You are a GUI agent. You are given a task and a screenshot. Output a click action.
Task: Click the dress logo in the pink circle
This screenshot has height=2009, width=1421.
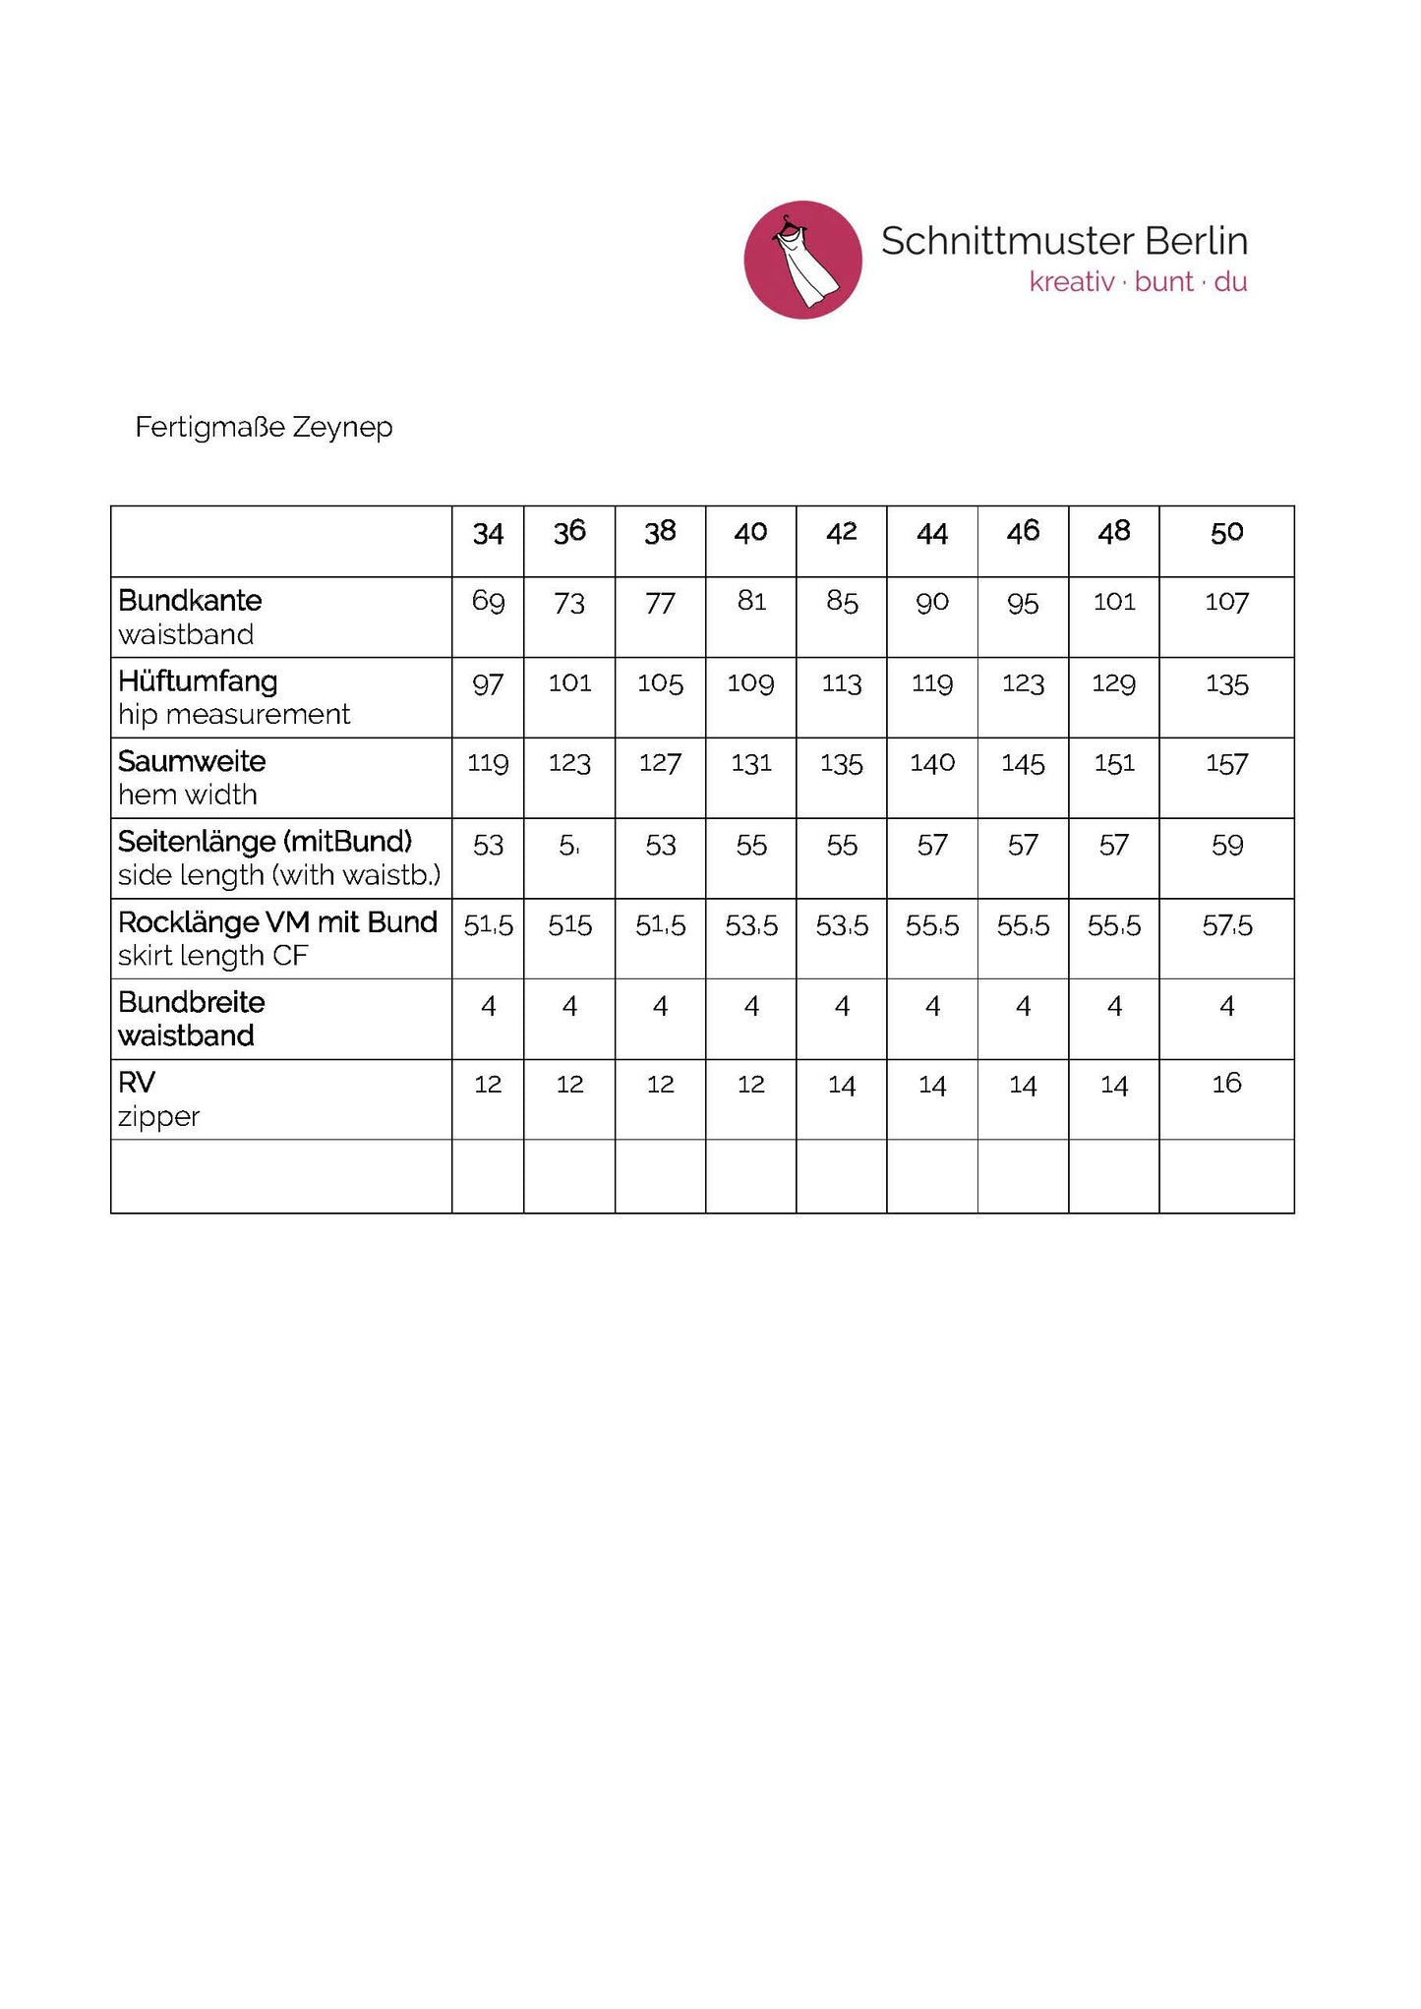pos(802,260)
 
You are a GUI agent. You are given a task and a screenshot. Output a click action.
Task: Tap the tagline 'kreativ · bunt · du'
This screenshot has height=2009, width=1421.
pos(1138,282)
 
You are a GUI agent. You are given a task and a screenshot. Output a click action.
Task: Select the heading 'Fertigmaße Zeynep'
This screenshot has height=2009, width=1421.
pos(264,427)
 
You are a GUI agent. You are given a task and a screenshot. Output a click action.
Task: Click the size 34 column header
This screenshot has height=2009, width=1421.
pos(488,533)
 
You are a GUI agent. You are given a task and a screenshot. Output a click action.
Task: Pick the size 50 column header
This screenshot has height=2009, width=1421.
pos(1226,533)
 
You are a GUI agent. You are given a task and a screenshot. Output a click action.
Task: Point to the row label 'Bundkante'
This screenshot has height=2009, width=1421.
pos(190,600)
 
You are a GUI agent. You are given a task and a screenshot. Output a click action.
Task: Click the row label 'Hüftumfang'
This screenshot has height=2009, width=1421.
pos(198,680)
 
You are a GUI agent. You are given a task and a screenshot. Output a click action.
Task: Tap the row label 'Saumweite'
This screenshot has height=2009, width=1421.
pos(192,761)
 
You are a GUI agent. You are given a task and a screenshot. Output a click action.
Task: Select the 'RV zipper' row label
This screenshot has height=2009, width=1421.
pos(158,1099)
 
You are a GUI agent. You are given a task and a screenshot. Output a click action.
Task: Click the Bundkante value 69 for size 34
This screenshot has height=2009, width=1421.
pos(488,601)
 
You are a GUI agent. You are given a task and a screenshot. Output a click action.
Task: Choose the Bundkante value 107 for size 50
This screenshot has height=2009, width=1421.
pos(1226,602)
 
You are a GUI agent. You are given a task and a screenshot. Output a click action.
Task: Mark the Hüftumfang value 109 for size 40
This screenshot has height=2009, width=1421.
pos(750,682)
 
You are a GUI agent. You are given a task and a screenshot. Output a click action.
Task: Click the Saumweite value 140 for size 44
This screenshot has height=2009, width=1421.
pos(932,763)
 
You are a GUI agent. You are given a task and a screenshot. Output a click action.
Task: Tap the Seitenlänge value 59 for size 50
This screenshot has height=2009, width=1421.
pos(1226,845)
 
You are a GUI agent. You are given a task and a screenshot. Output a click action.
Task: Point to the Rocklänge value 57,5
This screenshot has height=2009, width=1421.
pos(1226,925)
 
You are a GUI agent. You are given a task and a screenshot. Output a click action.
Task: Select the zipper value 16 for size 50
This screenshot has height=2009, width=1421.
pos(1226,1084)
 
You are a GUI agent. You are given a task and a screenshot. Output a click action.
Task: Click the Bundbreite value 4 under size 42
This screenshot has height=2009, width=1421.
pos(842,1006)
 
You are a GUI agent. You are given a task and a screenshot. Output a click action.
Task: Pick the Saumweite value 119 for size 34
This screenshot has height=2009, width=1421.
pos(488,763)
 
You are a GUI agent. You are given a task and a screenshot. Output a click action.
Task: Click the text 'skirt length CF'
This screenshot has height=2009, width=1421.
pos(212,956)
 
